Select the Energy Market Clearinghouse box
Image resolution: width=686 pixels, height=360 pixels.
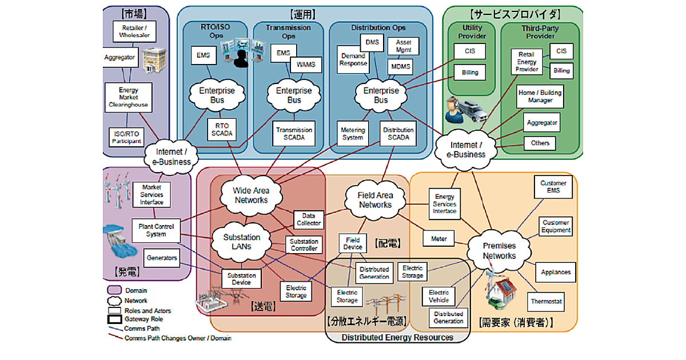(129, 98)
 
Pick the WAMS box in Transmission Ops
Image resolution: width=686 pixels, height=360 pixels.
(306, 65)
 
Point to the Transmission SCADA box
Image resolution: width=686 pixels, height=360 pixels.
(294, 133)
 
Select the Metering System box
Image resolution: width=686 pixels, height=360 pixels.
(353, 133)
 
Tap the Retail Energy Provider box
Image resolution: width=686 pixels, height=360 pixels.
(527, 61)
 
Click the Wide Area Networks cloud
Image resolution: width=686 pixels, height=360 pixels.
(251, 195)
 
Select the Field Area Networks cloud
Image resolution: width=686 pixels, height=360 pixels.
(375, 199)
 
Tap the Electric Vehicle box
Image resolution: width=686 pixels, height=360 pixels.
(438, 296)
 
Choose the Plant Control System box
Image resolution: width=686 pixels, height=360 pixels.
(156, 230)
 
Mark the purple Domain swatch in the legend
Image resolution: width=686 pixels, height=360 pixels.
(114, 290)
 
